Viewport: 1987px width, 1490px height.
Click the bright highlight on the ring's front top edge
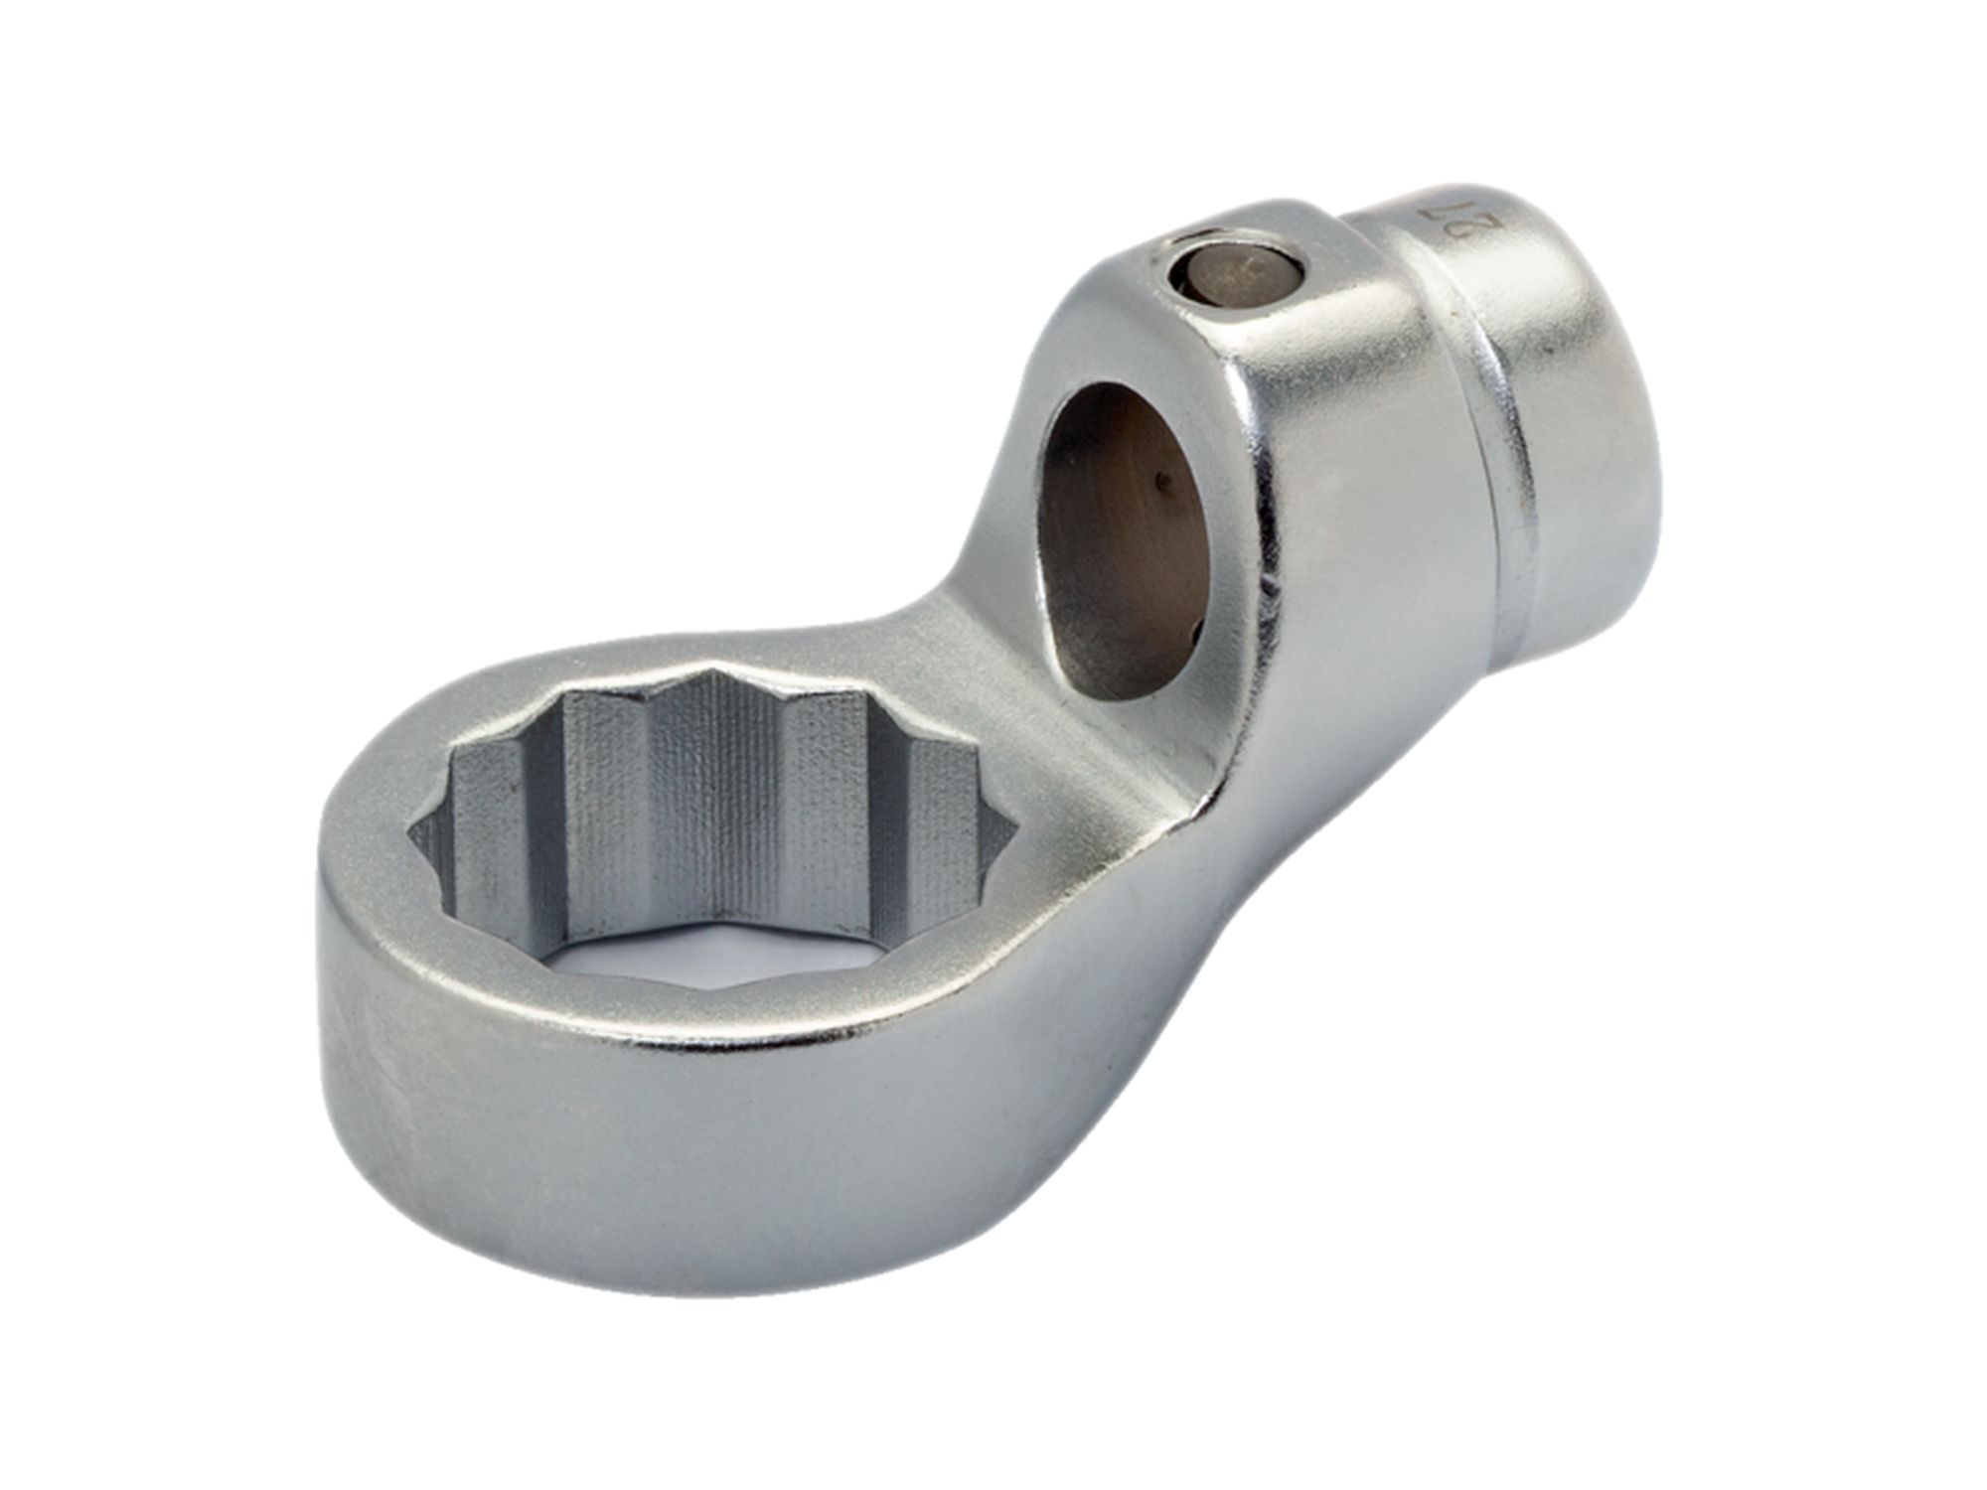tap(795, 1033)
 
